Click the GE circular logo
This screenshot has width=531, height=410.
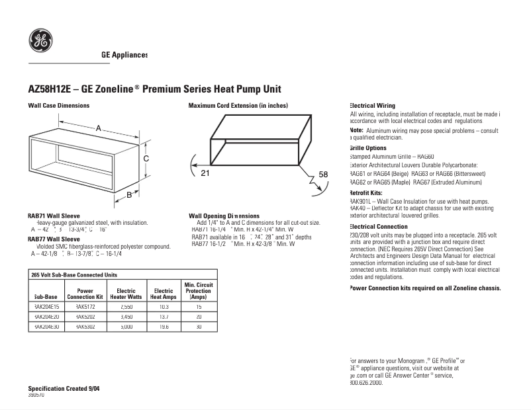click(x=41, y=41)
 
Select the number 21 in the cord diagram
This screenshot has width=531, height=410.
click(x=205, y=173)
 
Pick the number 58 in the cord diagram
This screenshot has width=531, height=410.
click(x=323, y=174)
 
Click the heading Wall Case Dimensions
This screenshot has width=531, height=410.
click(x=58, y=106)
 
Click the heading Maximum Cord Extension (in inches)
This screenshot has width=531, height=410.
click(x=238, y=106)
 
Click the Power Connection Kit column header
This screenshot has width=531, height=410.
click(x=85, y=294)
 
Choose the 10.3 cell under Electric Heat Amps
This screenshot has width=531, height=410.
click(x=164, y=307)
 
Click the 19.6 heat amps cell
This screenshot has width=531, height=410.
click(x=164, y=327)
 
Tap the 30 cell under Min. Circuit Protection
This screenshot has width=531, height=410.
click(x=199, y=327)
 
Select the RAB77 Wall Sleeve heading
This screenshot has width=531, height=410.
click(x=54, y=239)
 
